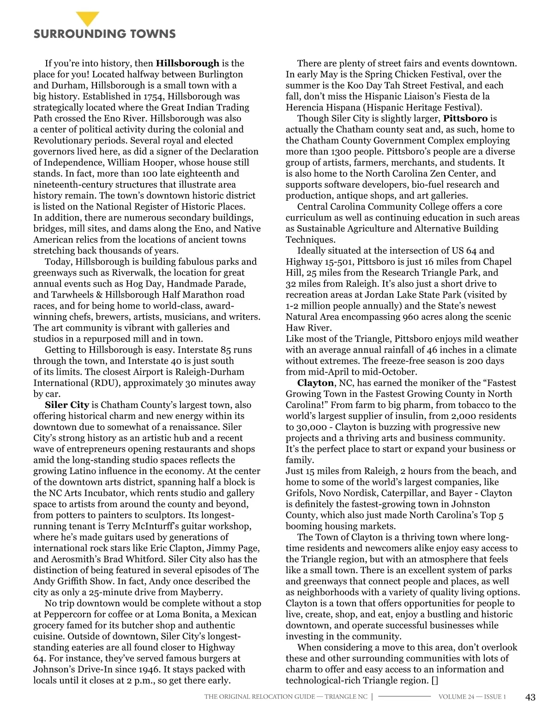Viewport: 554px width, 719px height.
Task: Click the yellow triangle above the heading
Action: (87, 18)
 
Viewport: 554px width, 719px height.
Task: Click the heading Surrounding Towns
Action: (104, 34)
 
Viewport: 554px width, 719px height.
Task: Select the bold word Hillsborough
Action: (187, 63)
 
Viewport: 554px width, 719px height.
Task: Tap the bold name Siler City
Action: (67, 405)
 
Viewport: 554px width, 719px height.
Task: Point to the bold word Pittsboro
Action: (465, 119)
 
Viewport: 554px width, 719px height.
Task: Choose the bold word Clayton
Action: (315, 383)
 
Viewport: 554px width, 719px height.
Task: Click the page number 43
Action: (530, 697)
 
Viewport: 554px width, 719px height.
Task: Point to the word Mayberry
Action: (201, 592)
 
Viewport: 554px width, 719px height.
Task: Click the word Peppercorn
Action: (67, 614)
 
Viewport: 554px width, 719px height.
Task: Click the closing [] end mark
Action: (434, 680)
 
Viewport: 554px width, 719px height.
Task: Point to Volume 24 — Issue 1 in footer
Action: (472, 697)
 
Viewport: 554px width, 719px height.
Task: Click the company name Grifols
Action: (301, 493)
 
